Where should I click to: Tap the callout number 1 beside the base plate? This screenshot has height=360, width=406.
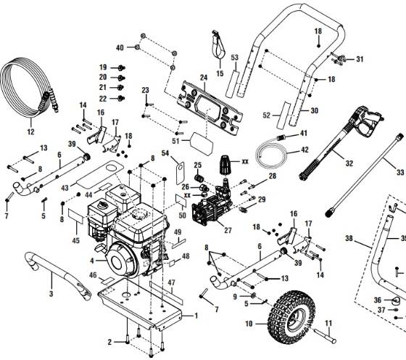[195, 316]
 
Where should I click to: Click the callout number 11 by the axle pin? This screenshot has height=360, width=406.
[326, 324]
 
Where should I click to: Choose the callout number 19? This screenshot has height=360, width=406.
[103, 67]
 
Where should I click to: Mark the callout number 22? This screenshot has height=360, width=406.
[103, 98]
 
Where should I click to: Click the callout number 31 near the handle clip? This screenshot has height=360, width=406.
[359, 59]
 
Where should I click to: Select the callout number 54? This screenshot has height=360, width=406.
[165, 155]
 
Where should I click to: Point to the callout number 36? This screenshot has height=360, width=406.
[377, 300]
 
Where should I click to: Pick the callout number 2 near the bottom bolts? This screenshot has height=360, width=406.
[109, 341]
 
